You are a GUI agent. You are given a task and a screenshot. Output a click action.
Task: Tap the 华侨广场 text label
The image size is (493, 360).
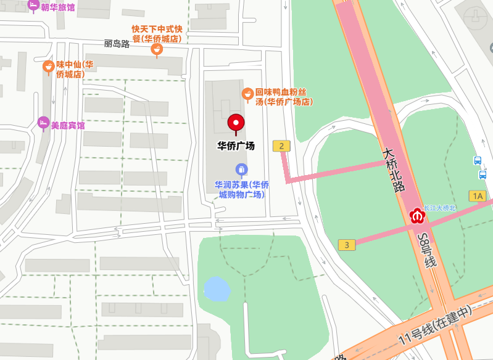coord(236,146)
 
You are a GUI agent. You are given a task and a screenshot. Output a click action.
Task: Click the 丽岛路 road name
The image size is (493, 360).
coord(117,44)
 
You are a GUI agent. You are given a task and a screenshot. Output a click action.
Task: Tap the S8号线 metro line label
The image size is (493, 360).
coord(426,250)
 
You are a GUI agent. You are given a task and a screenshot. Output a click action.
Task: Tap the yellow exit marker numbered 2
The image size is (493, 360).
coord(281,146)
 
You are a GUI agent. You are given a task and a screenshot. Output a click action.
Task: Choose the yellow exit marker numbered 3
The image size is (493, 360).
coord(347,245)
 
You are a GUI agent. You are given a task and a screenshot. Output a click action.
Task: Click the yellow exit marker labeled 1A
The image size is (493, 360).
coord(477,196)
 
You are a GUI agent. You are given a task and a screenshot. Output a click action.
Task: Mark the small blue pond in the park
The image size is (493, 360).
coord(217,289)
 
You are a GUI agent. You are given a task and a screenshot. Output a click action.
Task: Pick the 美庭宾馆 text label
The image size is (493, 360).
coord(68,125)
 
